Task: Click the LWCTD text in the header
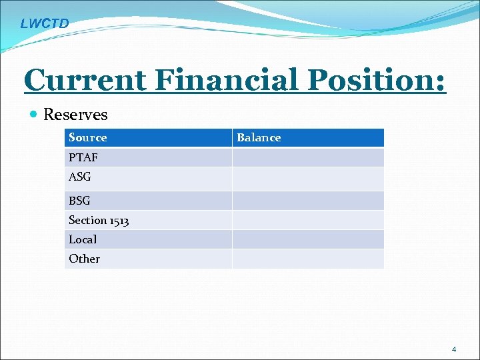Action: click(x=44, y=24)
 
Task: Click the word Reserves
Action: click(x=75, y=115)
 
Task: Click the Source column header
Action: click(x=87, y=138)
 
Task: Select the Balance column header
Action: click(x=259, y=138)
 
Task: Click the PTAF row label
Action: click(x=82, y=157)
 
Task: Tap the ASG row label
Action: click(x=80, y=177)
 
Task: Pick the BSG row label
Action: click(x=79, y=201)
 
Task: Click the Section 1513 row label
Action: click(x=99, y=220)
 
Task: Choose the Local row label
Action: click(x=83, y=239)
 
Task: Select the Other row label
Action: click(x=84, y=259)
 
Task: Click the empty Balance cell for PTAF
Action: click(x=308, y=157)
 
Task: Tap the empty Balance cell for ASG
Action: click(x=308, y=179)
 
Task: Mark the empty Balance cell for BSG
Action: click(x=308, y=201)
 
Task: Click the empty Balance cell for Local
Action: click(x=308, y=239)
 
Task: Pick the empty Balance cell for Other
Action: click(x=308, y=259)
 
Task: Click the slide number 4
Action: click(x=454, y=349)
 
